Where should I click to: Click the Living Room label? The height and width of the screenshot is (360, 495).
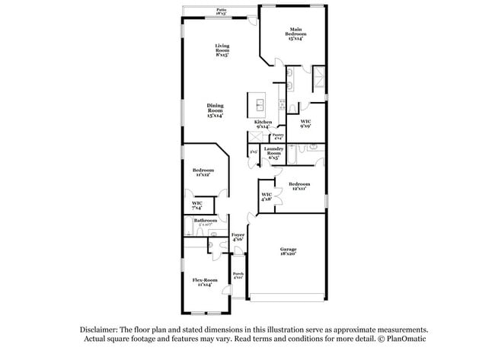tap(222, 50)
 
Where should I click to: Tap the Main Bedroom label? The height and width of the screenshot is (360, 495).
tap(297, 34)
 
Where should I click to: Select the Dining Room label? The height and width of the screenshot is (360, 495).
tap(215, 110)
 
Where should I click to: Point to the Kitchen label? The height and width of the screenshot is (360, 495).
tap(263, 124)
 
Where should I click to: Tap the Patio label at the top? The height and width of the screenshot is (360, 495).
tap(220, 11)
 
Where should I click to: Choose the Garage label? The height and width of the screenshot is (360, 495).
tap(288, 251)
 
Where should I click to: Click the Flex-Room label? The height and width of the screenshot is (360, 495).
tap(204, 282)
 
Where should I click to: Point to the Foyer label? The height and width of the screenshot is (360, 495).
tap(238, 237)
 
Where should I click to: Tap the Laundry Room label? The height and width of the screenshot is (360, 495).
tap(274, 151)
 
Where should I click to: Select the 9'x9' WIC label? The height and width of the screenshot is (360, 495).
tap(305, 123)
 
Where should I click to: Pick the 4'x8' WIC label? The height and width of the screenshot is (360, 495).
tap(267, 197)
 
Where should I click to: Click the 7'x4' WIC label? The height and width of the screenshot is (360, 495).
tap(196, 205)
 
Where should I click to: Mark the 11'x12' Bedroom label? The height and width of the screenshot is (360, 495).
tap(203, 172)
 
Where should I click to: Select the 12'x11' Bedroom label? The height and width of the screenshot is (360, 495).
tap(299, 186)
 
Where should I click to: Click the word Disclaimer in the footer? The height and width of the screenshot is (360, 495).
tap(102, 330)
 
